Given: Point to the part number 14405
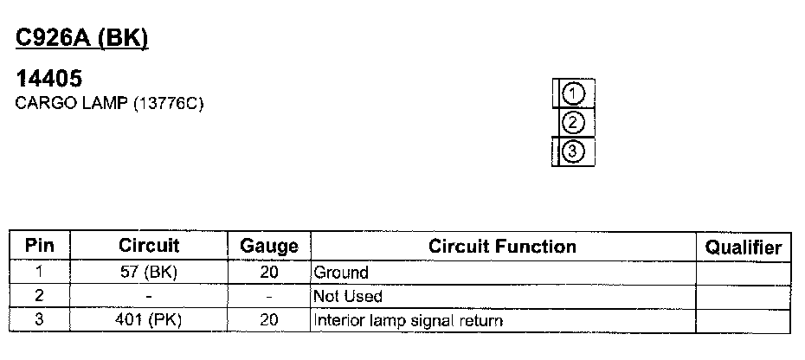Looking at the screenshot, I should coord(49,80).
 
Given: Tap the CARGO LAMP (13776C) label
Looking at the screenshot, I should coord(109,104).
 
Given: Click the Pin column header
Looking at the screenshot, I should coord(40,246).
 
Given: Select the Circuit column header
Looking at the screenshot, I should coord(149,246).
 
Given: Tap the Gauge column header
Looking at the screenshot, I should coord(268,247).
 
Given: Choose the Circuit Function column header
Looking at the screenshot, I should coord(502,247).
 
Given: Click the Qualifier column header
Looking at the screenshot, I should coord(744,247).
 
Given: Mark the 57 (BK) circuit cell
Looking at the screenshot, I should coord(149,273).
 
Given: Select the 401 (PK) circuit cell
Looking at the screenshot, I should coord(149,321).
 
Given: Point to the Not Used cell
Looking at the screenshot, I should coord(347,297).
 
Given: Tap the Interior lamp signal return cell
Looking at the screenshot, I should coord(408,321).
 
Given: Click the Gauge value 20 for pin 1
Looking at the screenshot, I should coord(268,273).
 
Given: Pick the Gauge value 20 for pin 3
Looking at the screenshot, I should coord(268,321).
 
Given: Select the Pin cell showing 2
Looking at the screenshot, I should coord(40,297).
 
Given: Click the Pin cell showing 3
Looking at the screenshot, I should coord(40,321).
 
